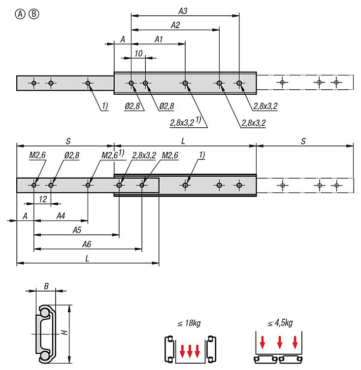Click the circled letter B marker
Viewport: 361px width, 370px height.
tap(33, 14)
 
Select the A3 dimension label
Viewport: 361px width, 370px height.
tap(183, 10)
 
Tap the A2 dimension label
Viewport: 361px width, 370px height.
tap(175, 24)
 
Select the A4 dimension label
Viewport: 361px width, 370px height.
tap(61, 216)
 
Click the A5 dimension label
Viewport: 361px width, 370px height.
tap(77, 229)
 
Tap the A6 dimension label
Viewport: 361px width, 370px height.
tap(87, 244)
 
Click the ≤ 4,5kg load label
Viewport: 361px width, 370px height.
tap(279, 323)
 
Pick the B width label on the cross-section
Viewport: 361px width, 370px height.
tap(46, 286)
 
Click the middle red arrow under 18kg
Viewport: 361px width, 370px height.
tap(190, 352)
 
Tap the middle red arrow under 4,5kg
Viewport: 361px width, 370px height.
tap(279, 342)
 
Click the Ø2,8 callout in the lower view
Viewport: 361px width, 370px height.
tap(71, 155)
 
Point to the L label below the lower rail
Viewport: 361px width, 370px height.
tap(87, 258)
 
